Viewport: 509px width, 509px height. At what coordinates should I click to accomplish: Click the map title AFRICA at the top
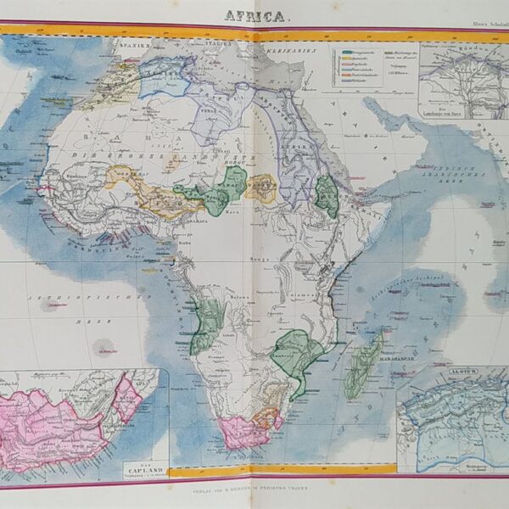(254, 14)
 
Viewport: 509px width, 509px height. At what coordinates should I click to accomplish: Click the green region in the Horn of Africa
(326, 195)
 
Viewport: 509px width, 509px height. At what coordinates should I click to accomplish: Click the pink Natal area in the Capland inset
(128, 398)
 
